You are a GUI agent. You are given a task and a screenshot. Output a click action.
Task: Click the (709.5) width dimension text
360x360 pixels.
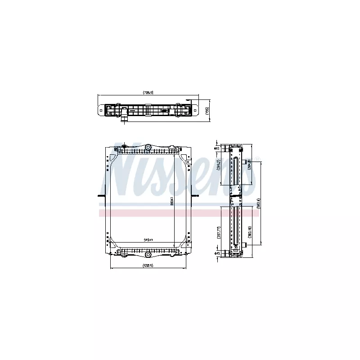[148, 93]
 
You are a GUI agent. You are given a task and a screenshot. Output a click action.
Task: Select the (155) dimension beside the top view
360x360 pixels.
[207, 110]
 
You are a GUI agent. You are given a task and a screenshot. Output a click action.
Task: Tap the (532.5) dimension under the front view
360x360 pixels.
[148, 265]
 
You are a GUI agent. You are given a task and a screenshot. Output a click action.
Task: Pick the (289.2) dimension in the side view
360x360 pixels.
[218, 166]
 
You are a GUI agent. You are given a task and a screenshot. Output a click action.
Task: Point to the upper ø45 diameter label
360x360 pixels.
[217, 148]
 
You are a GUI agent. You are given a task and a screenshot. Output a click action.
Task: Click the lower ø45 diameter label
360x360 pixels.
[217, 253]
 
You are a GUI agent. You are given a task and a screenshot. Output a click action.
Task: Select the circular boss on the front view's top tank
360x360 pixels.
[148, 148]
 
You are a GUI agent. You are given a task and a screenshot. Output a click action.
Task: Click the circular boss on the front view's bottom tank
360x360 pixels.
[148, 255]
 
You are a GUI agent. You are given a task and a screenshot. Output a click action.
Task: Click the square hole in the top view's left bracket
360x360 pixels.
[101, 110]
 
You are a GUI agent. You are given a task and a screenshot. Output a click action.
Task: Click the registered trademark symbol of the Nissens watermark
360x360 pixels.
[257, 158]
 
